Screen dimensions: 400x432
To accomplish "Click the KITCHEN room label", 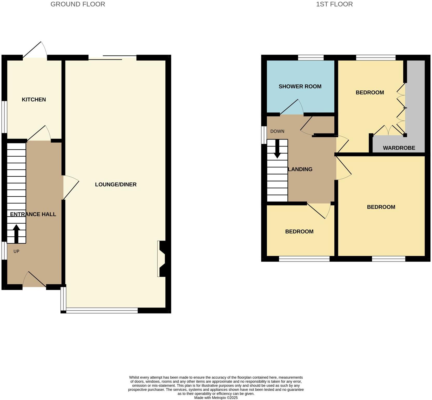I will pos(34,99).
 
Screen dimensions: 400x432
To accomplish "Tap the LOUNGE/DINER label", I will pos(116,184).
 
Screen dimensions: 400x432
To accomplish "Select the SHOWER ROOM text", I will pos(300,86).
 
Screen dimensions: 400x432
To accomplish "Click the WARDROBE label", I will pos(399,148).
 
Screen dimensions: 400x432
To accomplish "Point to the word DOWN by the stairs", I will pos(277,131).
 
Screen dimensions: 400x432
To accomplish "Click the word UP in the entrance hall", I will pos(16,251).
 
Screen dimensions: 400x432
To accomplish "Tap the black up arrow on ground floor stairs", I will pos(16,233).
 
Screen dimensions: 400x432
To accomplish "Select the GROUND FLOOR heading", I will pos(78,4).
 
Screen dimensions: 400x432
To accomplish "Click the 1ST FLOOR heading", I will pos(334,4).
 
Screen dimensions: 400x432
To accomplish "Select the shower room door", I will pos(292,108).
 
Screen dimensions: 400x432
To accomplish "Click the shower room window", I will pos(311,57).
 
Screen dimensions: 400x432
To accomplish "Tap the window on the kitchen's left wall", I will pos(4,117).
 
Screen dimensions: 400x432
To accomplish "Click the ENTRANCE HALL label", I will pos(33,214).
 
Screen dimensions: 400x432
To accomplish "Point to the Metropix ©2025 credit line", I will pos(216,397).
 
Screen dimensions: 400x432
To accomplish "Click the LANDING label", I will pos(300,169).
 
